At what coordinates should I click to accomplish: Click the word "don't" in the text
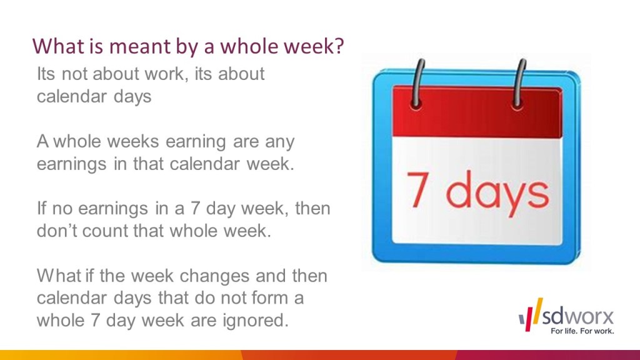pyautogui.click(x=57, y=231)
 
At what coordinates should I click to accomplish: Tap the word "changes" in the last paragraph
pyautogui.click(x=215, y=276)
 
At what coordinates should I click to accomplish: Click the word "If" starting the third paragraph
pyautogui.click(x=42, y=208)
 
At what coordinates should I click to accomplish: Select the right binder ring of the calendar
pyautogui.click(x=519, y=84)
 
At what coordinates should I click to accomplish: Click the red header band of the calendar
pyautogui.click(x=477, y=112)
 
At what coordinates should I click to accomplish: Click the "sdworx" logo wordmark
pyautogui.click(x=577, y=316)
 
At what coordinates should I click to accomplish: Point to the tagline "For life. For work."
pyautogui.click(x=582, y=331)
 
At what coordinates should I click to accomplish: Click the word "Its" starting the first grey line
pyautogui.click(x=46, y=74)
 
